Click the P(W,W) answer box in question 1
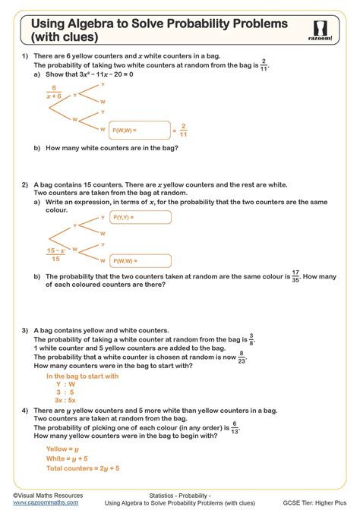pos(140,131)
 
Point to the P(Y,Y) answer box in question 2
pos(140,218)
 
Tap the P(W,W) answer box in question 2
pos(140,260)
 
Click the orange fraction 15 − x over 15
pos(53,253)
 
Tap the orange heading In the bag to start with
pos(82,376)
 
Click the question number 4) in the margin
pos(25,411)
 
